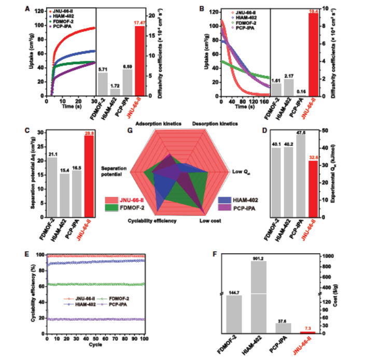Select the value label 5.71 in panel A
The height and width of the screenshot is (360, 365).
pyautogui.click(x=103, y=69)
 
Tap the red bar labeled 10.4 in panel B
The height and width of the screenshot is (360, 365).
pyautogui.click(x=313, y=54)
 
